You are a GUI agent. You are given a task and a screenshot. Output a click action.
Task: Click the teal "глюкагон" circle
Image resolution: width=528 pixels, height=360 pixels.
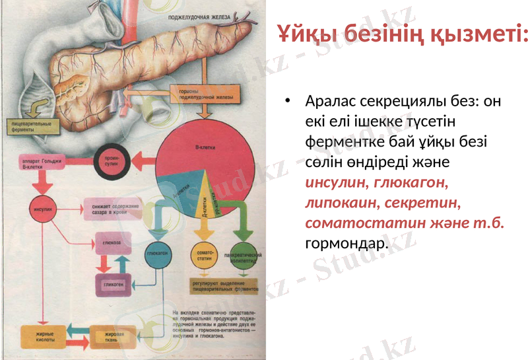click(156, 254)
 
